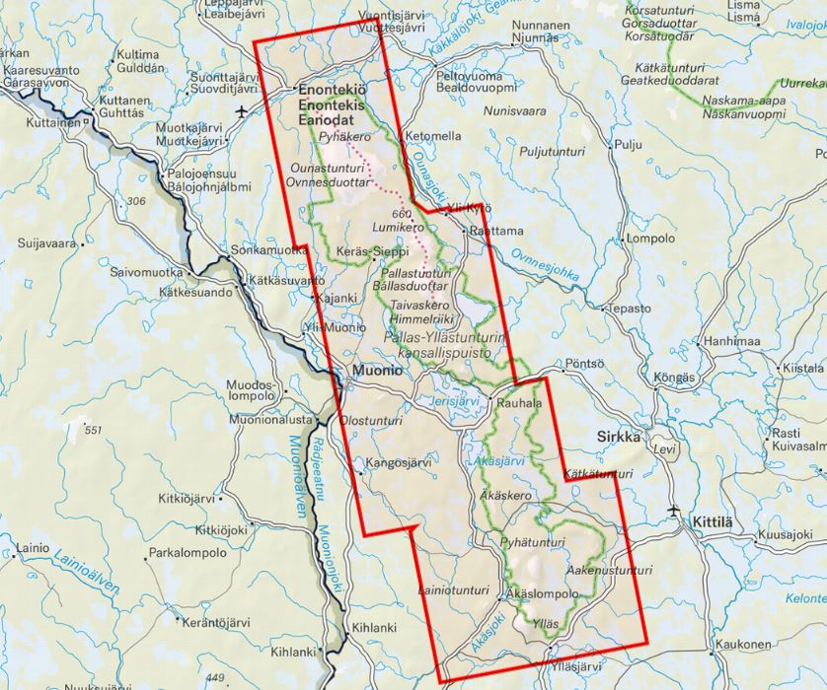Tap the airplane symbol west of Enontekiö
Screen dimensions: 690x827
244,112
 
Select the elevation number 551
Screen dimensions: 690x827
94,431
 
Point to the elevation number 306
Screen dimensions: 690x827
138,201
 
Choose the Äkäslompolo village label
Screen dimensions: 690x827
541,594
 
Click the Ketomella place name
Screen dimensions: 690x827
432,136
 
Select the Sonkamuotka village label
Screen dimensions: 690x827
268,250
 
